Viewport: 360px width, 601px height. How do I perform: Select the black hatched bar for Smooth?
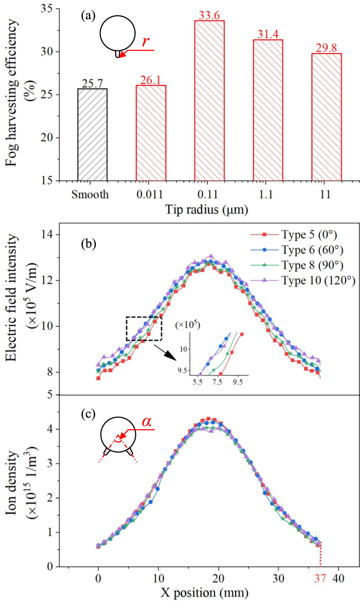tap(92, 135)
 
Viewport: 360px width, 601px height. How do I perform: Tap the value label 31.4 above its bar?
tap(268, 34)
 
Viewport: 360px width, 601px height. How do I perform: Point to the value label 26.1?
tap(151, 80)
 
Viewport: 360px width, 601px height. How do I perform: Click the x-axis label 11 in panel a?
tap(326, 194)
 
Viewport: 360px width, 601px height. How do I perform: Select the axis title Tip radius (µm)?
tap(207, 210)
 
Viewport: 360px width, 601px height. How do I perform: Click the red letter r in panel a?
tap(145, 41)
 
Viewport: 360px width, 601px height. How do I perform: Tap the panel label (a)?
tap(88, 16)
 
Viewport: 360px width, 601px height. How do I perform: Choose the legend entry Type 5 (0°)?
tap(309, 234)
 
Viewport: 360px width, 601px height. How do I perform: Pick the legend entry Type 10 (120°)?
tap(318, 280)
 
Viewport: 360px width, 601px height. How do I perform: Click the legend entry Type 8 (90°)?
tap(312, 265)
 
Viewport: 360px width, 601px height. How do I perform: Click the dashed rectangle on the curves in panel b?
tap(144, 329)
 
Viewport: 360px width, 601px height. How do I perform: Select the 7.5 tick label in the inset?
tap(217, 382)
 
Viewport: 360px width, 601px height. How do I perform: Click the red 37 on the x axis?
tap(320, 578)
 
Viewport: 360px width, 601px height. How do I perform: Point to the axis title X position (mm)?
tap(205, 593)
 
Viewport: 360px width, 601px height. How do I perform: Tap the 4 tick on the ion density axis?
tap(50, 429)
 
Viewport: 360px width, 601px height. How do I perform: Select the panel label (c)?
tap(88, 414)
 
